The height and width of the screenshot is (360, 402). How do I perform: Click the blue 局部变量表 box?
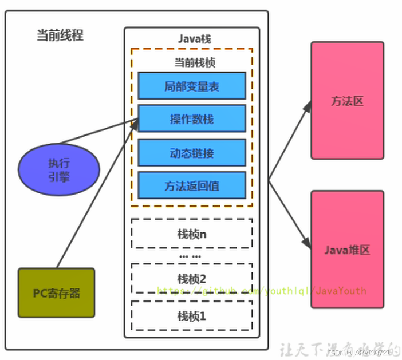[192, 86]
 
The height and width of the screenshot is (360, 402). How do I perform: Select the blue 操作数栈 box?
[192, 119]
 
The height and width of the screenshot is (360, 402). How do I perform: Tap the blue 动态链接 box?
[192, 152]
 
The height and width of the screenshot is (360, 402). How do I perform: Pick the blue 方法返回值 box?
[192, 185]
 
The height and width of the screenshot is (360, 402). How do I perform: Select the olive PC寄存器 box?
[56, 293]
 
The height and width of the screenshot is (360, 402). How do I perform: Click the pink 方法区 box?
[347, 101]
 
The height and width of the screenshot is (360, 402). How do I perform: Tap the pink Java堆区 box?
[347, 250]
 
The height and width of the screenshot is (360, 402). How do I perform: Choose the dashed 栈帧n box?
[192, 233]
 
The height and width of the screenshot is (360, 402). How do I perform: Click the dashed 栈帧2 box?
[192, 278]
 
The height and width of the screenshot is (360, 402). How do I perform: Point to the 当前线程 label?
[60, 35]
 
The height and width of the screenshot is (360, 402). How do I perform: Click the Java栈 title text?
[192, 39]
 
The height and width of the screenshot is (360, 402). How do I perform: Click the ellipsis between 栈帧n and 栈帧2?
[190, 256]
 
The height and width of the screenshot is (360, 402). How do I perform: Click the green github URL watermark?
[261, 291]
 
